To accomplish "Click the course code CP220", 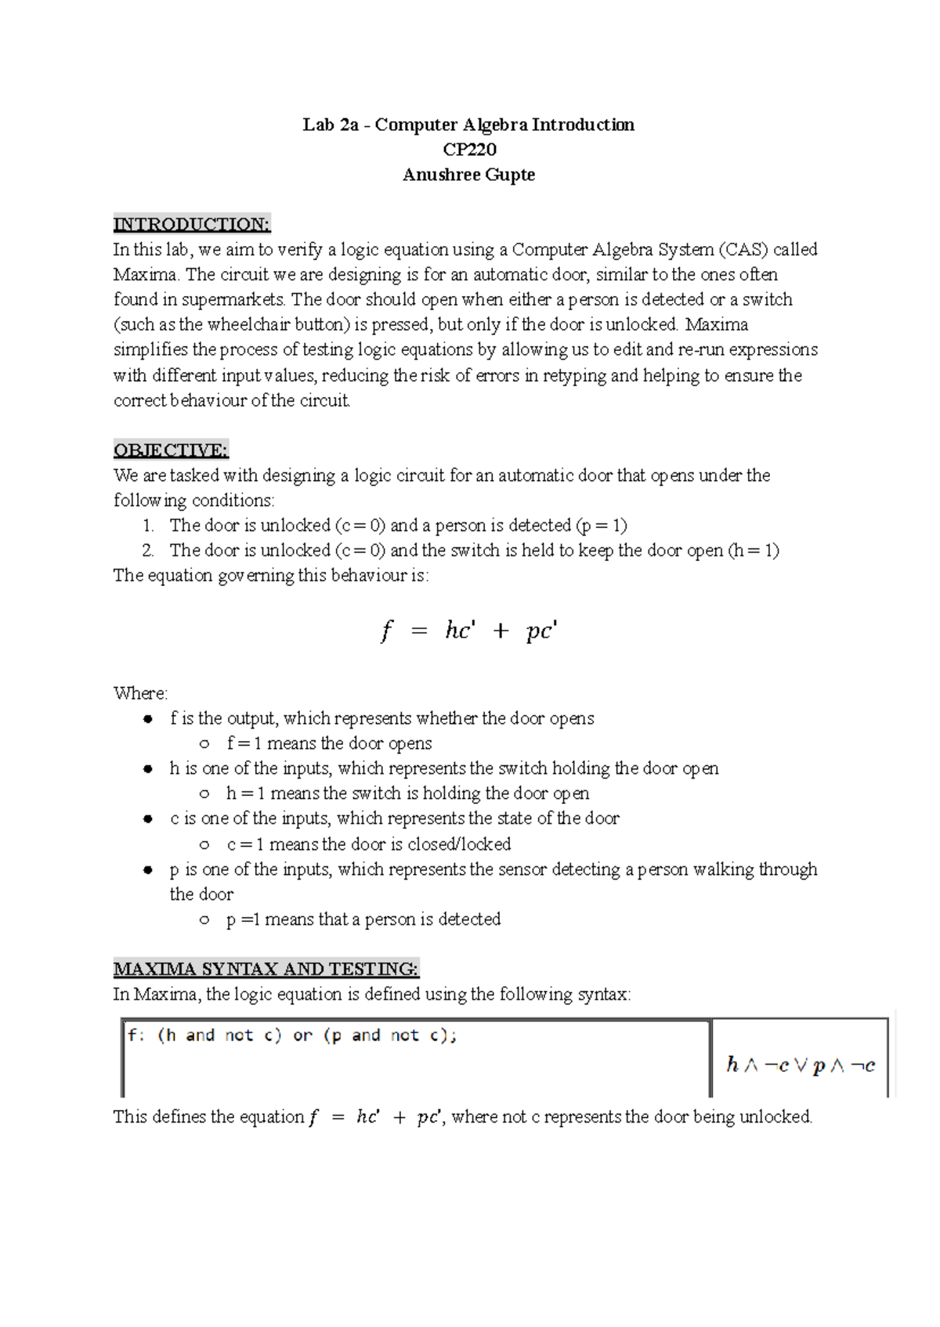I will [469, 150].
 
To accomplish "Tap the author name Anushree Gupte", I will [468, 175].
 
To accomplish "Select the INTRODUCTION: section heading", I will [192, 224].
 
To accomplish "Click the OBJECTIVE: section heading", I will [171, 450].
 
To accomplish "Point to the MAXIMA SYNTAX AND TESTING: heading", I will [266, 970].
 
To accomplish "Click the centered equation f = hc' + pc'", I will [468, 631].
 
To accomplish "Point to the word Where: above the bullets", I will [140, 694].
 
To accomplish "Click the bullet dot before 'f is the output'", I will [147, 719].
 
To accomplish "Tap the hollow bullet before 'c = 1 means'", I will [204, 845].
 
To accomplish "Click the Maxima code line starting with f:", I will [292, 1036].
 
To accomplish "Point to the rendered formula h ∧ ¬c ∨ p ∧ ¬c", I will [800, 1065].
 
